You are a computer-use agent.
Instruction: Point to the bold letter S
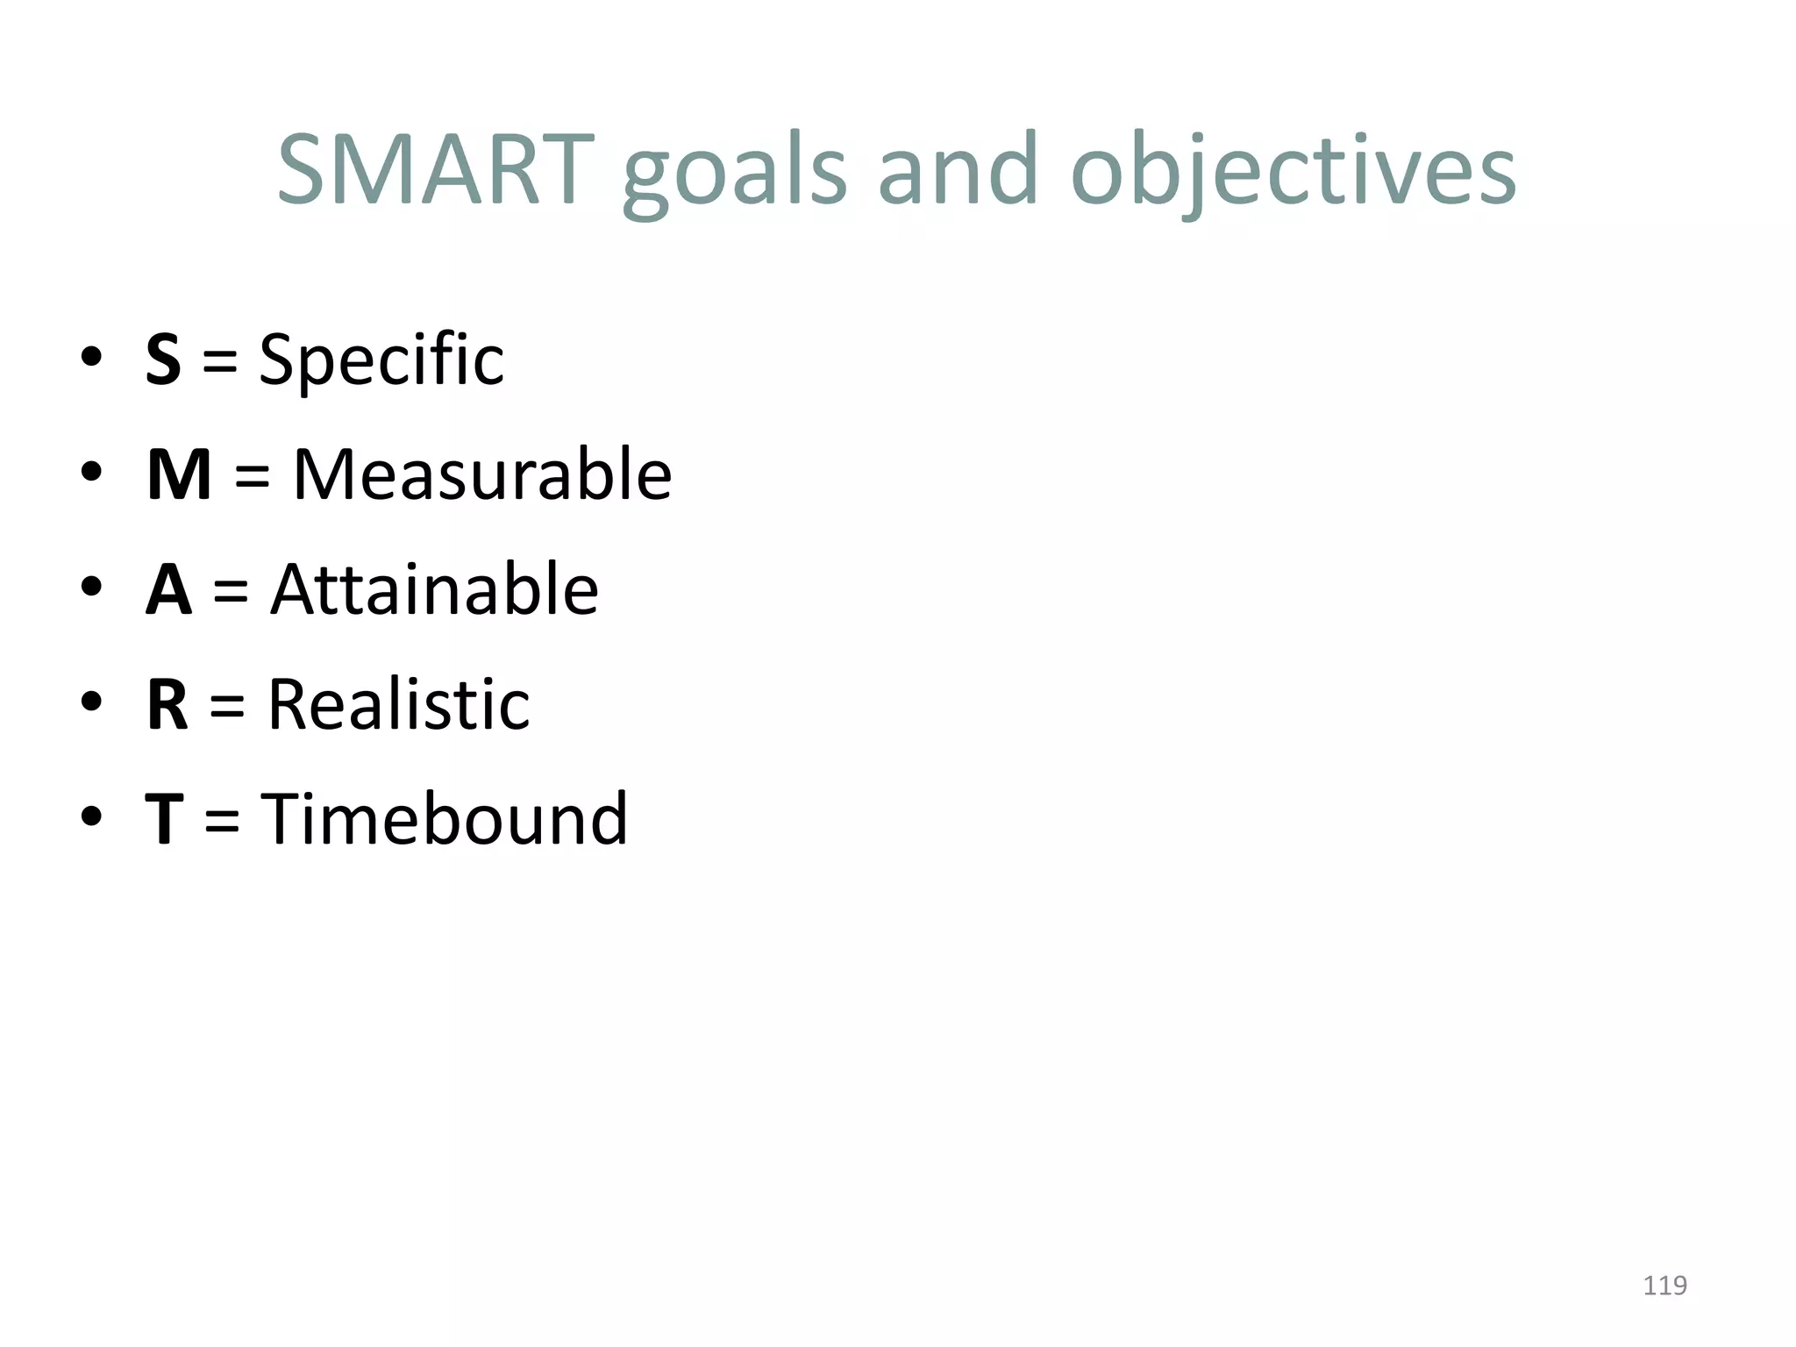pos(163,360)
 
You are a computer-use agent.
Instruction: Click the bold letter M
pos(179,474)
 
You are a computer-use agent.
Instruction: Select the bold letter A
pos(168,589)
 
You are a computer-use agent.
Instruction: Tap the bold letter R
pos(167,704)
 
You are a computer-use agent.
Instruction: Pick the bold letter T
pos(164,819)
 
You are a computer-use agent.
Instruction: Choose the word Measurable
pos(481,474)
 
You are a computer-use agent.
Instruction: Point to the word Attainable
pos(434,589)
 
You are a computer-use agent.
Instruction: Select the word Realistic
pos(398,704)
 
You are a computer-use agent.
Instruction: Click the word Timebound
pos(445,819)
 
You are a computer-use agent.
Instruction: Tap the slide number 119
pos(1664,1286)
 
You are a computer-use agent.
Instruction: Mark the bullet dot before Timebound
pos(91,816)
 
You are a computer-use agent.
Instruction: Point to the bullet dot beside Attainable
pos(91,587)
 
